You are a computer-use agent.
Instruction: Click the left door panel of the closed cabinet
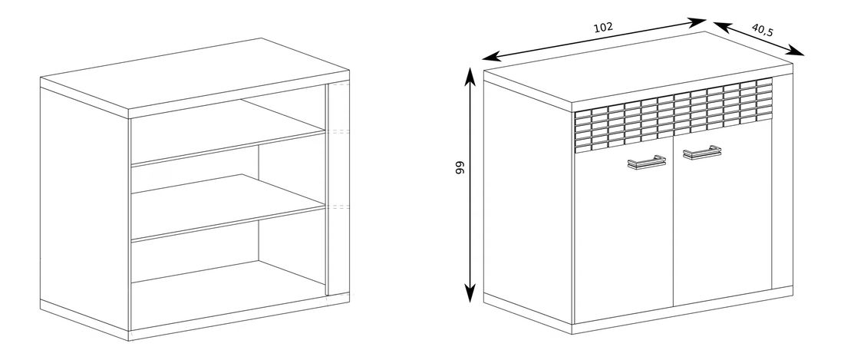[624, 238]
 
